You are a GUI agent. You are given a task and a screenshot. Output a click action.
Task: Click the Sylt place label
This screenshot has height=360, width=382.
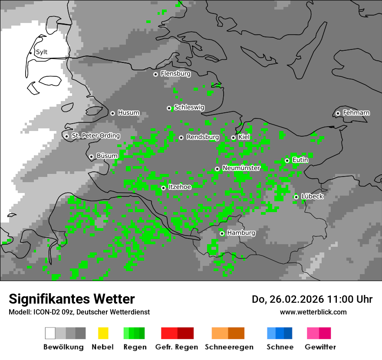[42, 52]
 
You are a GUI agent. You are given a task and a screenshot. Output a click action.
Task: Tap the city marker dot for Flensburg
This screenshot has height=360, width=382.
[155, 74]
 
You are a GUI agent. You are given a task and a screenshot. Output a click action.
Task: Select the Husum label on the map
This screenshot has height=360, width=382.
[128, 113]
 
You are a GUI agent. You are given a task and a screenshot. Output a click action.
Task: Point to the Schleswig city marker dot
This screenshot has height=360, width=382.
[169, 108]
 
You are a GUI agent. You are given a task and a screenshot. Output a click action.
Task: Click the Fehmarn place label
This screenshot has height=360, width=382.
[356, 113]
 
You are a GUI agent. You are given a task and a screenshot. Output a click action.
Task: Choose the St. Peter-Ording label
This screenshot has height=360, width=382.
[95, 136]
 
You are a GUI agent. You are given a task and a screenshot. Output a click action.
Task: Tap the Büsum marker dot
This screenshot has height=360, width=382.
[91, 157]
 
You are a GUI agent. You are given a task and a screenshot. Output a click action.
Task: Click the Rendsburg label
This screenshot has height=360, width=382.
[202, 137]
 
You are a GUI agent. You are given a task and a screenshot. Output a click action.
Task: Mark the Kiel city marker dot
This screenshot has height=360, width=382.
[233, 137]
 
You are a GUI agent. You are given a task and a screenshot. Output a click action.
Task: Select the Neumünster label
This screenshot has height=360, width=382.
[241, 168]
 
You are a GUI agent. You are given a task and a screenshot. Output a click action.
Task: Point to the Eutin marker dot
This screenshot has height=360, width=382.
[287, 160]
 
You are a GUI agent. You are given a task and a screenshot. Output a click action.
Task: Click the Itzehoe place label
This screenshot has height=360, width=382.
[180, 187]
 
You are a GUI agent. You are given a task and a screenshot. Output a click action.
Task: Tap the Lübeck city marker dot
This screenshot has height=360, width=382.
[296, 197]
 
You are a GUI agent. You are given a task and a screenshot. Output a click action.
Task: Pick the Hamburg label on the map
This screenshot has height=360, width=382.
[241, 233]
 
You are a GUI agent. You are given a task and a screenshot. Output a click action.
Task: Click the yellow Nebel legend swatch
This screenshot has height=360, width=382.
[103, 333]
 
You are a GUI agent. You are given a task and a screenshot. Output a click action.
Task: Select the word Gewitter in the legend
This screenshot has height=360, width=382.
[320, 347]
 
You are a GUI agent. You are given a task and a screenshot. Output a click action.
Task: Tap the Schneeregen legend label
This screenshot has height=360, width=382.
[229, 347]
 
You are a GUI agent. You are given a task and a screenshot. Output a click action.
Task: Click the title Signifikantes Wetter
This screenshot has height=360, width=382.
[72, 299]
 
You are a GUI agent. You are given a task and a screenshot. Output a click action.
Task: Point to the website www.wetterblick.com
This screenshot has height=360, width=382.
[313, 312]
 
